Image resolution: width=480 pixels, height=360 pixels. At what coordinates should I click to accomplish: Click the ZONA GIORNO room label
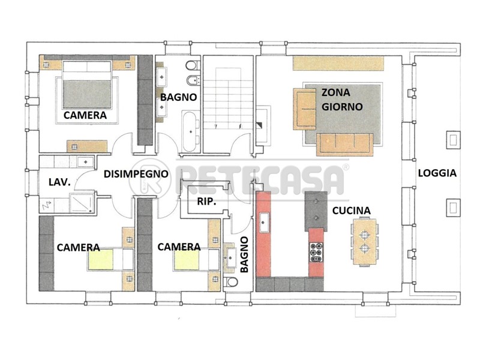(x=342, y=100)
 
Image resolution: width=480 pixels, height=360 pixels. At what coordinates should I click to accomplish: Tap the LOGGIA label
(x=437, y=173)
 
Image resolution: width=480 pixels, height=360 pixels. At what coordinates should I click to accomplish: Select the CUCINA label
(x=352, y=211)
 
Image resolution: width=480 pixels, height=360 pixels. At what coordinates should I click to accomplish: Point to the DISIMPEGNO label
(x=136, y=174)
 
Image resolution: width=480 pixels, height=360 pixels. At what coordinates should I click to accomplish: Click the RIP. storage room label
(x=206, y=202)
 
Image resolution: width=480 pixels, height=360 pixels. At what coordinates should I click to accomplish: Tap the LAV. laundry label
(x=59, y=182)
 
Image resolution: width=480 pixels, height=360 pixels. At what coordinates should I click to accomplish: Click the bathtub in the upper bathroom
(x=190, y=131)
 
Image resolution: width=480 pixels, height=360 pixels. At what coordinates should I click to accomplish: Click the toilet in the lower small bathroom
(x=230, y=281)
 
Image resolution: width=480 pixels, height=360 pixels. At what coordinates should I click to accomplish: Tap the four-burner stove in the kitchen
(x=316, y=252)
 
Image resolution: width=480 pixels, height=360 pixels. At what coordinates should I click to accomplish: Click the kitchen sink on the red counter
(x=264, y=222)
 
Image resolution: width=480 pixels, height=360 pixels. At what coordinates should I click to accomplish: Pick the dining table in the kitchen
(x=364, y=242)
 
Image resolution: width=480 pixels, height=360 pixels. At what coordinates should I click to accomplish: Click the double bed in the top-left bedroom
(x=87, y=85)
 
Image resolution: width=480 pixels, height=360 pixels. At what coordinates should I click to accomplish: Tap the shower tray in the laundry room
(x=82, y=203)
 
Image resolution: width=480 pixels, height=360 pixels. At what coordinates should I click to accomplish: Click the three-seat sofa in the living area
(x=345, y=145)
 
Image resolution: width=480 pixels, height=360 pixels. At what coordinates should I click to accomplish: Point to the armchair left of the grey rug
(x=305, y=109)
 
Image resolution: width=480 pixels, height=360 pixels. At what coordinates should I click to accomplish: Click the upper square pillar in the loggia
(x=453, y=140)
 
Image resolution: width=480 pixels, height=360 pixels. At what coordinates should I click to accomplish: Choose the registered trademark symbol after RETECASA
(x=346, y=167)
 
